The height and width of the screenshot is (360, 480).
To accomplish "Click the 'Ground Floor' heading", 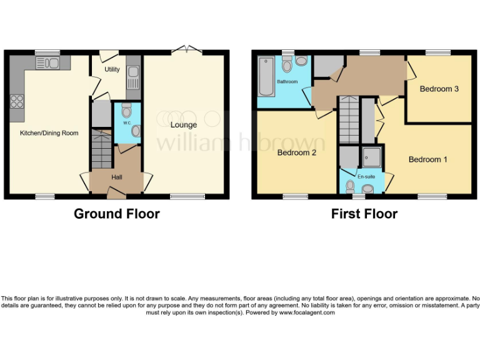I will (117, 214).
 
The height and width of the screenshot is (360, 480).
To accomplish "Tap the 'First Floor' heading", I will (364, 214).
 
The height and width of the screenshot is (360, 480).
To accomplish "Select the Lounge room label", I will (184, 125).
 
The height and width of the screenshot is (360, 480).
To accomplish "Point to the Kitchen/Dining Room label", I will (49, 133).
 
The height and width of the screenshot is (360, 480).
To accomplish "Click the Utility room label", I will (112, 69).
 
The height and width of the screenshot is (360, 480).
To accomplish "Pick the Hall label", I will (117, 177).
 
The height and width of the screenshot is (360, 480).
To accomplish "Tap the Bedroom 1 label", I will (428, 159).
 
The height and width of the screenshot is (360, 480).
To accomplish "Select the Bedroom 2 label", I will (297, 153).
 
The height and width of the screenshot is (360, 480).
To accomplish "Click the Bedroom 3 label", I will (439, 89).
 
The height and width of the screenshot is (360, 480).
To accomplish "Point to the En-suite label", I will (366, 177).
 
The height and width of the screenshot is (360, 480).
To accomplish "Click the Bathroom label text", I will (287, 82).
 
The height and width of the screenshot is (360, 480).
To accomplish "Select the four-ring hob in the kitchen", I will (16, 101).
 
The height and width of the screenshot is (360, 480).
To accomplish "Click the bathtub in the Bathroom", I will (265, 76).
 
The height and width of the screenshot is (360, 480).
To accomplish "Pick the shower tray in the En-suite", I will (373, 156).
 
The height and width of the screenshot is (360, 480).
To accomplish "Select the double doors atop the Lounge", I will (186, 49).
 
